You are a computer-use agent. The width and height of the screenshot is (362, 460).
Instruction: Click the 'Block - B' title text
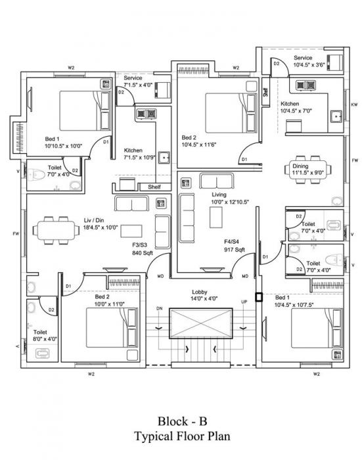coord(181,420)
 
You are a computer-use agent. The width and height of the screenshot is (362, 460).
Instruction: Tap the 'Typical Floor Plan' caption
coord(181,435)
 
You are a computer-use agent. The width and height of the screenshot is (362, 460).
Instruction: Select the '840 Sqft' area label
coord(143,252)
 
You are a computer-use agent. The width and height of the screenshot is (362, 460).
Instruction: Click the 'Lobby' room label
coord(200,291)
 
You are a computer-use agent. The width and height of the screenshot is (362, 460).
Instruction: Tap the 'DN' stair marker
coord(158,308)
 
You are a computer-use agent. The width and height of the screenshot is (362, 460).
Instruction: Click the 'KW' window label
coord(354,104)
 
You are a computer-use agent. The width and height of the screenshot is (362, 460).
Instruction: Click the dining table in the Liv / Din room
coord(55,229)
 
